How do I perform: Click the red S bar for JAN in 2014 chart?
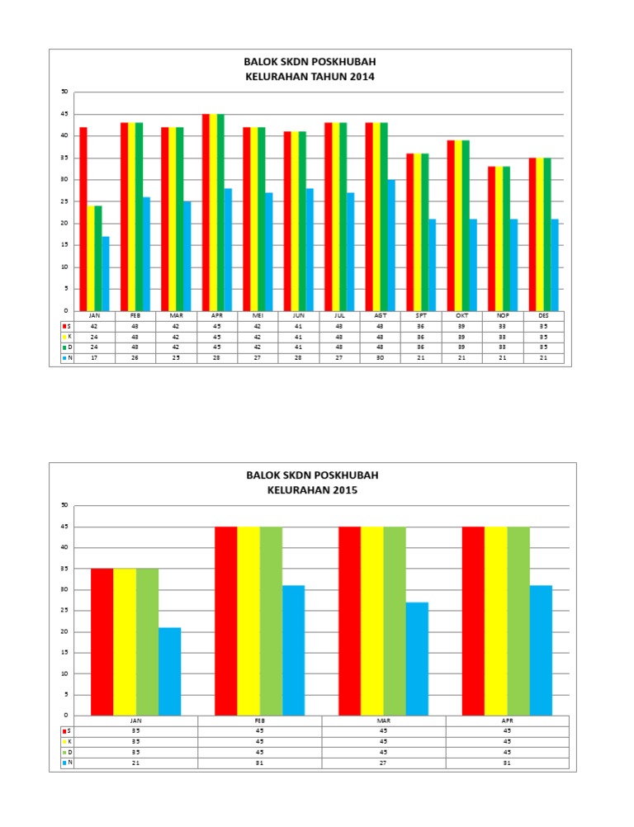83,219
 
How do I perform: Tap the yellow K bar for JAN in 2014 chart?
91,258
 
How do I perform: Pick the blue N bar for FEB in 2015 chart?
293,650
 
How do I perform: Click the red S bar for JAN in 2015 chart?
102,641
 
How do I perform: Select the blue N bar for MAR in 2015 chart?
417,659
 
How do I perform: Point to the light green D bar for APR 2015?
518,621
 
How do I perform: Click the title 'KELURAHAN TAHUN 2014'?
310,77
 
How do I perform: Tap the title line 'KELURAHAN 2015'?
313,489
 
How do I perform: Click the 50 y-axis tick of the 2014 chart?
64,92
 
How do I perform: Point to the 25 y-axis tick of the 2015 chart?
64,611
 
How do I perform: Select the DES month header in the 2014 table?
544,316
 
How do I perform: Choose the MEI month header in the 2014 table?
257,316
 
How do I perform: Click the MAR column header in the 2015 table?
383,721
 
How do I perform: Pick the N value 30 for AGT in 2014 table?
380,357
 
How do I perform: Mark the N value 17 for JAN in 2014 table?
94,357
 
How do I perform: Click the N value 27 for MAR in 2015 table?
383,763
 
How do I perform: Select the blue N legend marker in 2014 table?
64,357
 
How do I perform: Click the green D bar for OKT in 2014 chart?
466,225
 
